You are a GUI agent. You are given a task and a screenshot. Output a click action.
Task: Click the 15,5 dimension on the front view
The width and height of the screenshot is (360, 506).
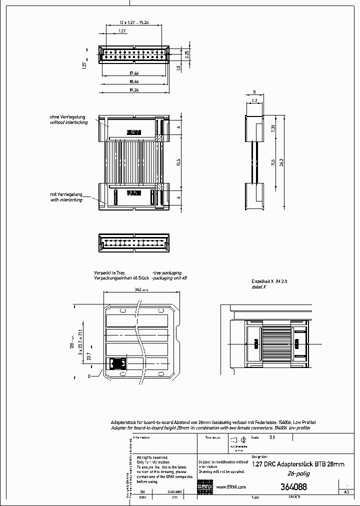(x=179, y=162)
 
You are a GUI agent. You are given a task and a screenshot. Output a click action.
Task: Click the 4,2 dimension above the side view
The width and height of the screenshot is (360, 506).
(x=254, y=100)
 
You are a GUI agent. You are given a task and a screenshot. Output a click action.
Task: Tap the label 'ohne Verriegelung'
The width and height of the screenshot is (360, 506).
(x=69, y=116)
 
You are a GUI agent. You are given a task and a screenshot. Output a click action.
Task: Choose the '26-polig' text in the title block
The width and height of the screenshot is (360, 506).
(x=297, y=473)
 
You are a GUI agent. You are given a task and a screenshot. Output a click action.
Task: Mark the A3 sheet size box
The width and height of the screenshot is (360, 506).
(x=346, y=492)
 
